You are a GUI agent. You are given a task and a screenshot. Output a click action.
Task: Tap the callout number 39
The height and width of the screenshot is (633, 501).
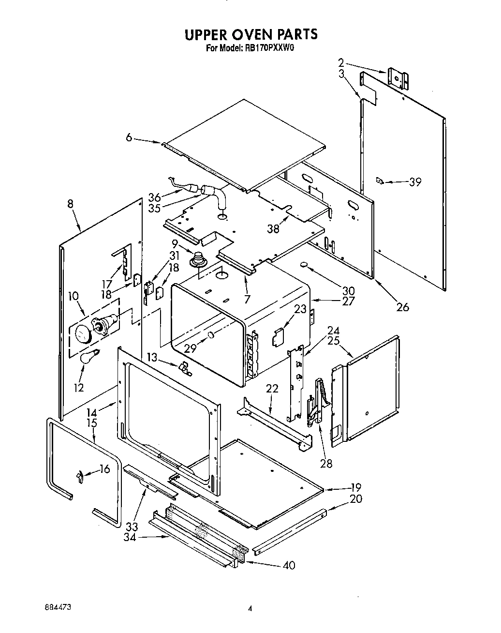click(415, 182)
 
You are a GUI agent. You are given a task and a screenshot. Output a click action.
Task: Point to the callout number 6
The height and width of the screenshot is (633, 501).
click(129, 138)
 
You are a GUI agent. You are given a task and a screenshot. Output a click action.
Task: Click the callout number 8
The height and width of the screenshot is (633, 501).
click(71, 205)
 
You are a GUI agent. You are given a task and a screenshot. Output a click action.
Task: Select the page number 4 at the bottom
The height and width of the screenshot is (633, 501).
click(250, 609)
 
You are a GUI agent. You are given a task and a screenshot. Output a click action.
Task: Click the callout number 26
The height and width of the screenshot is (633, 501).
click(402, 307)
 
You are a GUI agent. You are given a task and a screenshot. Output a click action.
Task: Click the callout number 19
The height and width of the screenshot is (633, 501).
click(356, 487)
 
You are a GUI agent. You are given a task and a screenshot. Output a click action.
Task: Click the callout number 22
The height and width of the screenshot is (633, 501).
click(272, 389)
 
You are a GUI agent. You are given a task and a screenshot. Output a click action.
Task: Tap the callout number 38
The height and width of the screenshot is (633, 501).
click(274, 228)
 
